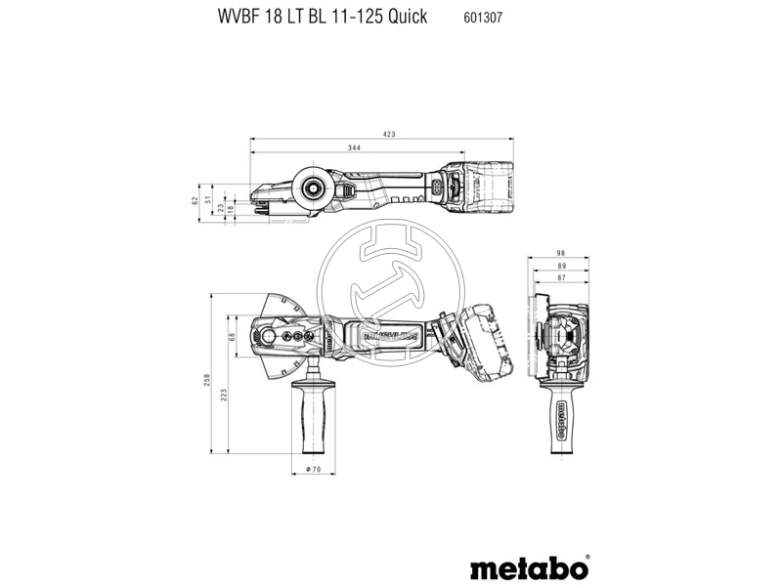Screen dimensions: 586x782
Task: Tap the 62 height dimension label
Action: pyautogui.click(x=195, y=200)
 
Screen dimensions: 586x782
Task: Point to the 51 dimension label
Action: pyautogui.click(x=208, y=200)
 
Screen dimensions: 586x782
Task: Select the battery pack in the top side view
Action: pyautogui.click(x=485, y=185)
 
